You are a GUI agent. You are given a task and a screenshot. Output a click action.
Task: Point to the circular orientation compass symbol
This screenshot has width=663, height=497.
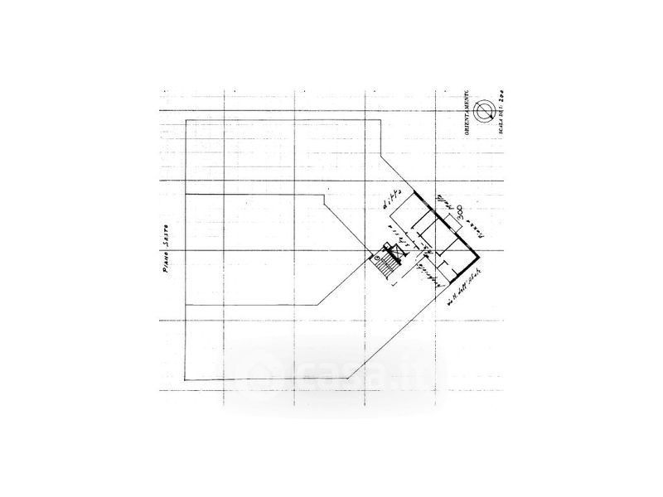(488, 110)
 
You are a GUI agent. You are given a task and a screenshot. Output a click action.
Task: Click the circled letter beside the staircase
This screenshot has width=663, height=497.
(378, 258)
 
